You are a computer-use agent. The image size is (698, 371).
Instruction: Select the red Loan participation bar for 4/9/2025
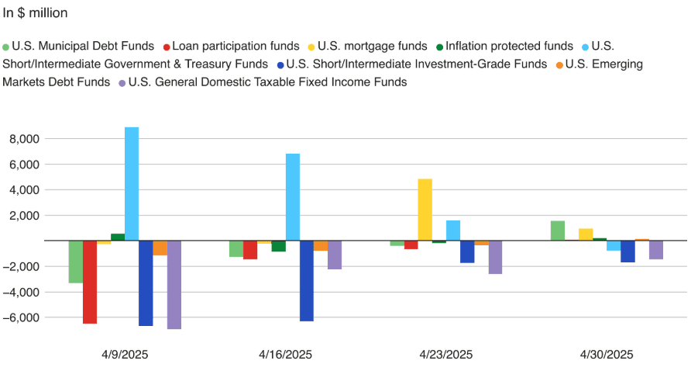pyautogui.click(x=90, y=282)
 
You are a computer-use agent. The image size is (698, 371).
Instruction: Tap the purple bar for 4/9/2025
pyautogui.click(x=174, y=285)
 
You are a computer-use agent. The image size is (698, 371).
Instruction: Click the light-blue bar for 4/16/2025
pyautogui.click(x=293, y=197)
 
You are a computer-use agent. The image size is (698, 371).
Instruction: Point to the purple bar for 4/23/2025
pyautogui.click(x=495, y=257)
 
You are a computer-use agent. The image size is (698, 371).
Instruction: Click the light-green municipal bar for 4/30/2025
pyautogui.click(x=558, y=231)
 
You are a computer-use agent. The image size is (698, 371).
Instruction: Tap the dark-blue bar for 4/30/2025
pyautogui.click(x=628, y=251)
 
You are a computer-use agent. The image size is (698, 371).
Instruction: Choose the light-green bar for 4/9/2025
pyautogui.click(x=76, y=262)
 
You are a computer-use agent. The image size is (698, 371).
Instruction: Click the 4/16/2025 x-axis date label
pyautogui.click(x=285, y=355)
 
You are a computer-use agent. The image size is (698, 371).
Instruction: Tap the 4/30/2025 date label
pyautogui.click(x=607, y=355)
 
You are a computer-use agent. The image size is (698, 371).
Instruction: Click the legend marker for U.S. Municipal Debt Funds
pyautogui.click(x=6, y=47)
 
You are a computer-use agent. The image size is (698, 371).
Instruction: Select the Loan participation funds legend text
pyautogui.click(x=236, y=47)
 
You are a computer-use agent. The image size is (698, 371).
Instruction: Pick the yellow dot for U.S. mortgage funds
pyautogui.click(x=313, y=47)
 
